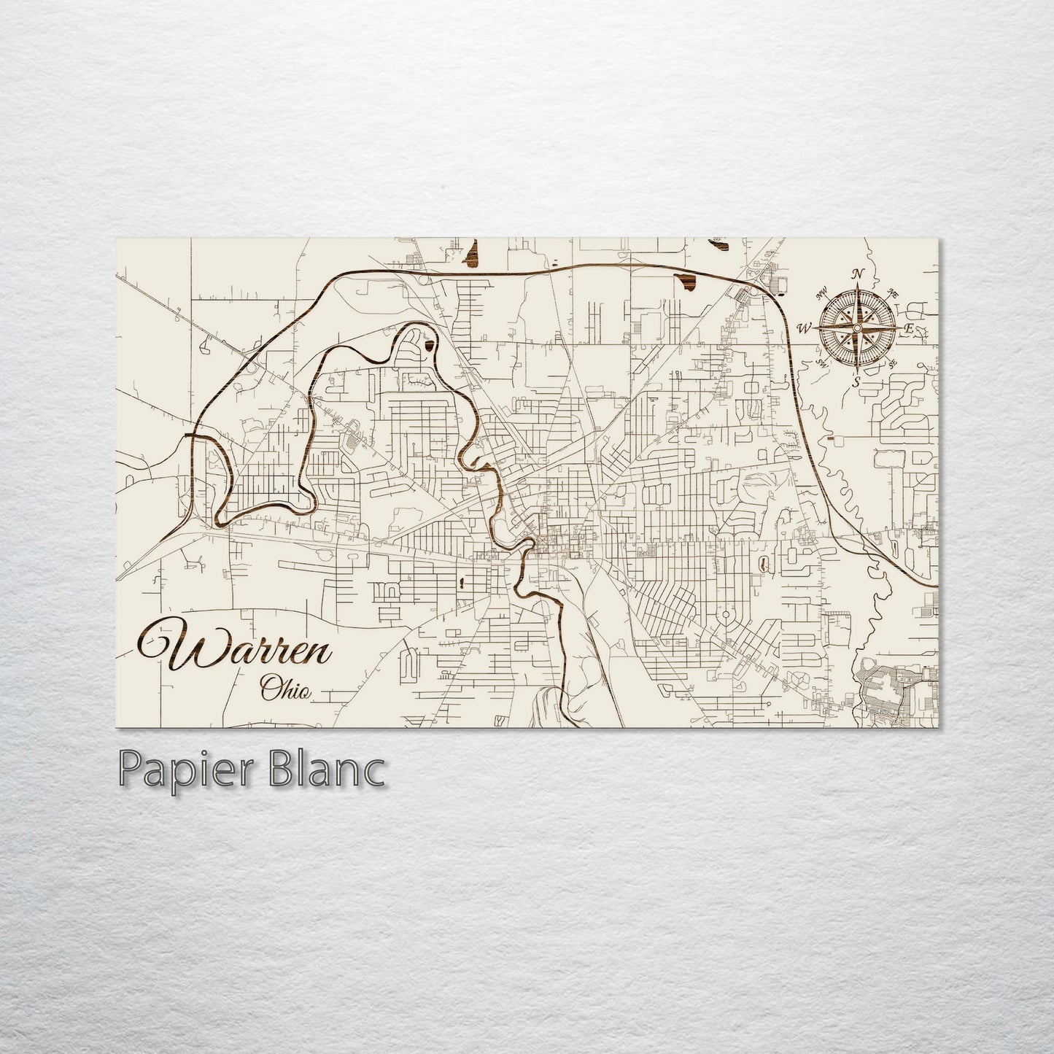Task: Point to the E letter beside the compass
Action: (909, 329)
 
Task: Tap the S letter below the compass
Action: (856, 381)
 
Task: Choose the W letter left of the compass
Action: (805, 328)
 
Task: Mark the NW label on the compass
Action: (822, 295)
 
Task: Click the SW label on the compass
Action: (822, 363)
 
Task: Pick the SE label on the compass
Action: (891, 363)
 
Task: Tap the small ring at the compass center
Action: (856, 328)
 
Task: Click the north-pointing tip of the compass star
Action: (857, 284)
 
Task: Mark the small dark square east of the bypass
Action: (832, 439)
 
